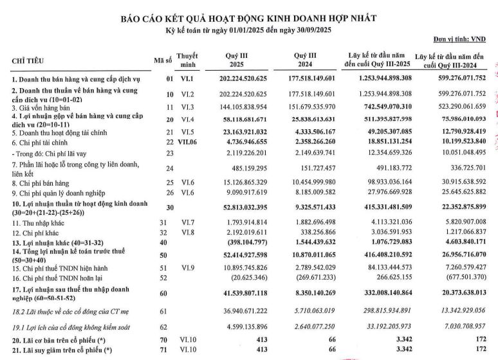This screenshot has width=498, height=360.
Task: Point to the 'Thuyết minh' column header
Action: click(x=187, y=60)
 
